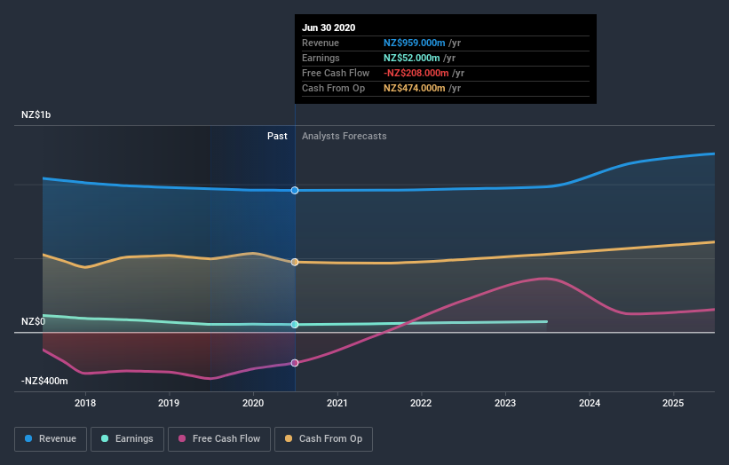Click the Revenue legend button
tap(51, 438)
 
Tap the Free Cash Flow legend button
tap(219, 438)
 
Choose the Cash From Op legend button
tap(324, 438)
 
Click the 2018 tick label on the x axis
tap(85, 404)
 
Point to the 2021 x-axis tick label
tap(337, 404)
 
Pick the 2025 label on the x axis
tap(673, 404)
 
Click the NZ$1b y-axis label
tap(38, 115)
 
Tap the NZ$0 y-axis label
tap(34, 321)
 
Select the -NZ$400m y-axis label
tap(44, 381)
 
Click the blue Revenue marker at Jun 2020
tap(295, 190)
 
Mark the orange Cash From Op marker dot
tap(295, 262)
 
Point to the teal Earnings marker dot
tap(295, 325)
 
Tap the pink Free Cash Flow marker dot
tap(295, 363)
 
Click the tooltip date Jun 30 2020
tap(329, 28)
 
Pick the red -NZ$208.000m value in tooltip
tap(417, 73)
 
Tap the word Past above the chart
tap(277, 136)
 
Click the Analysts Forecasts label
tap(345, 136)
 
